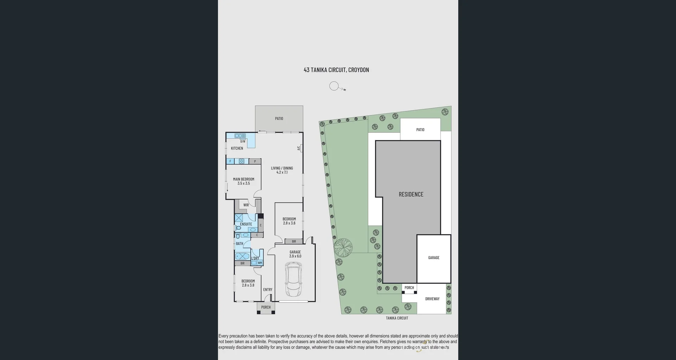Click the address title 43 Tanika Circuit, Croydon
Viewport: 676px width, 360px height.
tap(336, 70)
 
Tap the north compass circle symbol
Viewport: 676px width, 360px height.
tap(334, 86)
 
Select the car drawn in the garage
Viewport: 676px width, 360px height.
tap(294, 281)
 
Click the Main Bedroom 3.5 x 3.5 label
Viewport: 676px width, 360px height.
tap(244, 181)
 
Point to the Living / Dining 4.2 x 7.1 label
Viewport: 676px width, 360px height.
tap(282, 170)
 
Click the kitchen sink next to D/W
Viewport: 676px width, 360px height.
tap(240, 136)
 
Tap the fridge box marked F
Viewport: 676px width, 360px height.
tap(230, 162)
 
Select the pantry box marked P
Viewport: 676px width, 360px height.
tap(255, 162)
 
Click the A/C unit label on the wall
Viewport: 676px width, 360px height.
tap(299, 148)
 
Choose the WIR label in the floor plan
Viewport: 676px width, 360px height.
tap(246, 205)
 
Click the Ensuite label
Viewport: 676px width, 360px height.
tap(246, 224)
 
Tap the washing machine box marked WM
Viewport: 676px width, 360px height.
tap(260, 263)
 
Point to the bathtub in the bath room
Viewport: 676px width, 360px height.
tap(242, 256)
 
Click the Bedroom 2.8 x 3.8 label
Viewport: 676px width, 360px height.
tap(248, 283)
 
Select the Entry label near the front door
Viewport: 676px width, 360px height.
tap(268, 290)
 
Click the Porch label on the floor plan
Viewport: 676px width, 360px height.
tap(266, 307)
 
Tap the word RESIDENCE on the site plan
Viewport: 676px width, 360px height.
tap(411, 194)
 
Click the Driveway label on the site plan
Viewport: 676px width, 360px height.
tap(432, 299)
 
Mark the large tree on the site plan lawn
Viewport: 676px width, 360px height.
tap(343, 247)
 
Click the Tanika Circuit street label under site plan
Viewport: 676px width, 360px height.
tap(397, 318)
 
